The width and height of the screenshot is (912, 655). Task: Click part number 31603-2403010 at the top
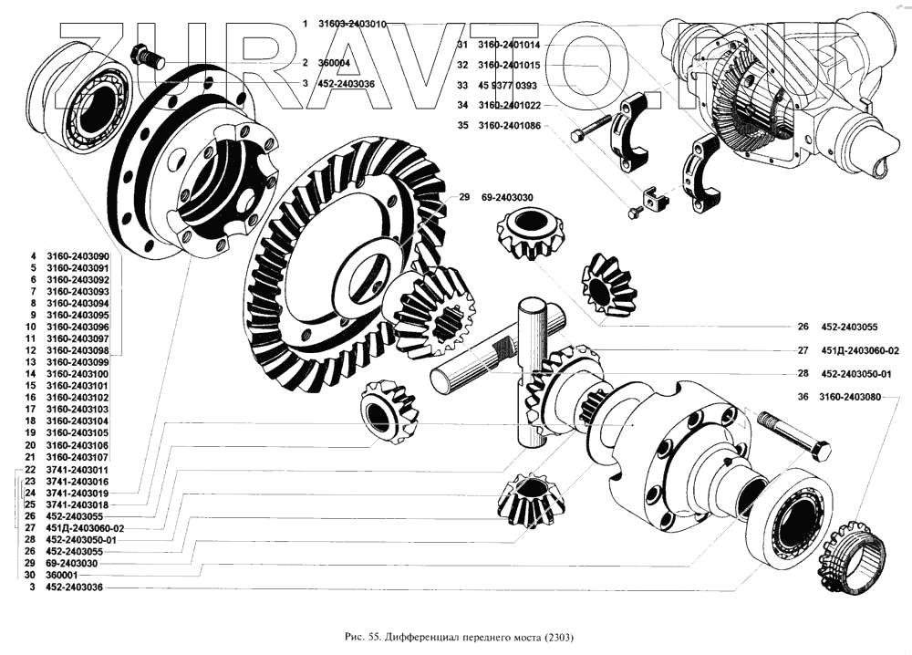pyautogui.click(x=352, y=24)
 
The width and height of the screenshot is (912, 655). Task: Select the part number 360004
pyautogui.click(x=335, y=63)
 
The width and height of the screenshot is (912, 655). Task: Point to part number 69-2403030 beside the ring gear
pyautogui.click(x=507, y=198)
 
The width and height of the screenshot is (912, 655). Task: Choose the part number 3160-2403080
pyautogui.click(x=850, y=397)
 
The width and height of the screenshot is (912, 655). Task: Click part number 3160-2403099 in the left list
pyautogui.click(x=78, y=362)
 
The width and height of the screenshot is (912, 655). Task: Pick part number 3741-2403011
pyautogui.click(x=77, y=470)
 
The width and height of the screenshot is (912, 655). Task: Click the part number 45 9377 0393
pyautogui.click(x=508, y=86)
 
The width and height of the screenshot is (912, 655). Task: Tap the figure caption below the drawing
pyautogui.click(x=459, y=637)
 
